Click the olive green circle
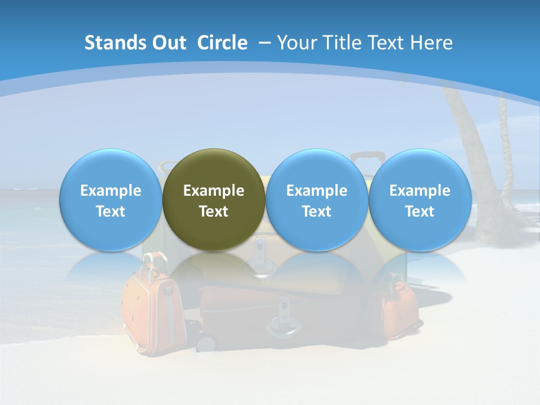point(214,200)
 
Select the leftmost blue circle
point(110,200)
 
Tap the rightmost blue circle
point(420,200)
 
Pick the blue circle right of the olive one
point(317,200)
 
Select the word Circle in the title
point(222,43)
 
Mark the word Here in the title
point(431,43)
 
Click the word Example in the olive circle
point(214,191)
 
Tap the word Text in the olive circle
point(214,211)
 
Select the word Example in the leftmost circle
point(110,191)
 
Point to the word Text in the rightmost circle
point(420,211)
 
